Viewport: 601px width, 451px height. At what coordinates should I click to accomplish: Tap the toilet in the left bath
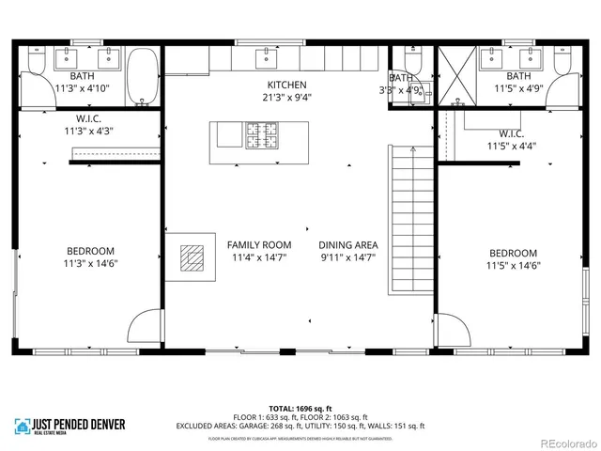pyautogui.click(x=35, y=60)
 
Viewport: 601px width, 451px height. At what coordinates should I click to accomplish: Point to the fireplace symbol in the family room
pyautogui.click(x=192, y=257)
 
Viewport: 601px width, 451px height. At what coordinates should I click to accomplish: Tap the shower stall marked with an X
pyautogui.click(x=457, y=71)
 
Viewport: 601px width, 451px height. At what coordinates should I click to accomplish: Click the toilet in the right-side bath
pyautogui.click(x=563, y=60)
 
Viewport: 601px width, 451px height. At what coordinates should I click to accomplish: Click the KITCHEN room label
pyautogui.click(x=286, y=85)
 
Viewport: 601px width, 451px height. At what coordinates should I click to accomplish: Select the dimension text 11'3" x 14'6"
pyautogui.click(x=90, y=263)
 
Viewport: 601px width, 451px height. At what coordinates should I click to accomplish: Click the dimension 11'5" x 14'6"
pyautogui.click(x=513, y=265)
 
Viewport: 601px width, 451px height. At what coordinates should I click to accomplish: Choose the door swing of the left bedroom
pyautogui.click(x=145, y=328)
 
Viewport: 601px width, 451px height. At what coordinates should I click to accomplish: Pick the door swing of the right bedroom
pyautogui.click(x=454, y=332)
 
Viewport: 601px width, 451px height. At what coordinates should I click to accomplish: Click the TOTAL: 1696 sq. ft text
pyautogui.click(x=300, y=409)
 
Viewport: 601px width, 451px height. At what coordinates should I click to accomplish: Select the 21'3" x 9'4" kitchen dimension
pyautogui.click(x=286, y=97)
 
